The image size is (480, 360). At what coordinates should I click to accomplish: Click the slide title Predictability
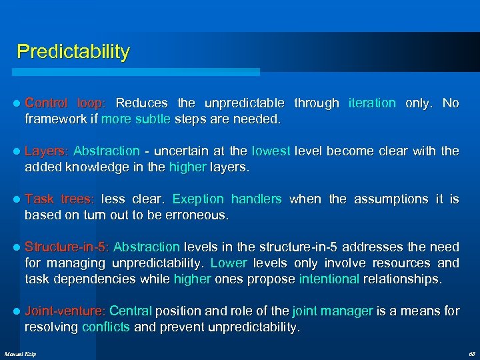tap(73, 51)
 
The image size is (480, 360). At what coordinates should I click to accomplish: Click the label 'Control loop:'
tap(65, 103)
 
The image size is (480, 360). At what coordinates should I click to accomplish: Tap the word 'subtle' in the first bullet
tap(153, 119)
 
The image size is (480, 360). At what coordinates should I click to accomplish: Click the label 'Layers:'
tap(47, 151)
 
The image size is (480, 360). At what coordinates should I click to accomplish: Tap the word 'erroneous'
tap(198, 215)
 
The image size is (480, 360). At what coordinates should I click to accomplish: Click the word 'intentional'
tap(329, 279)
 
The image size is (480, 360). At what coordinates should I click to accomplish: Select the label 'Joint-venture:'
tap(65, 311)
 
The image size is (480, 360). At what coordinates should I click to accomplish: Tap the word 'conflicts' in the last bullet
tap(106, 327)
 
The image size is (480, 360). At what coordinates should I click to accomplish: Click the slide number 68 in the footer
tap(472, 353)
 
